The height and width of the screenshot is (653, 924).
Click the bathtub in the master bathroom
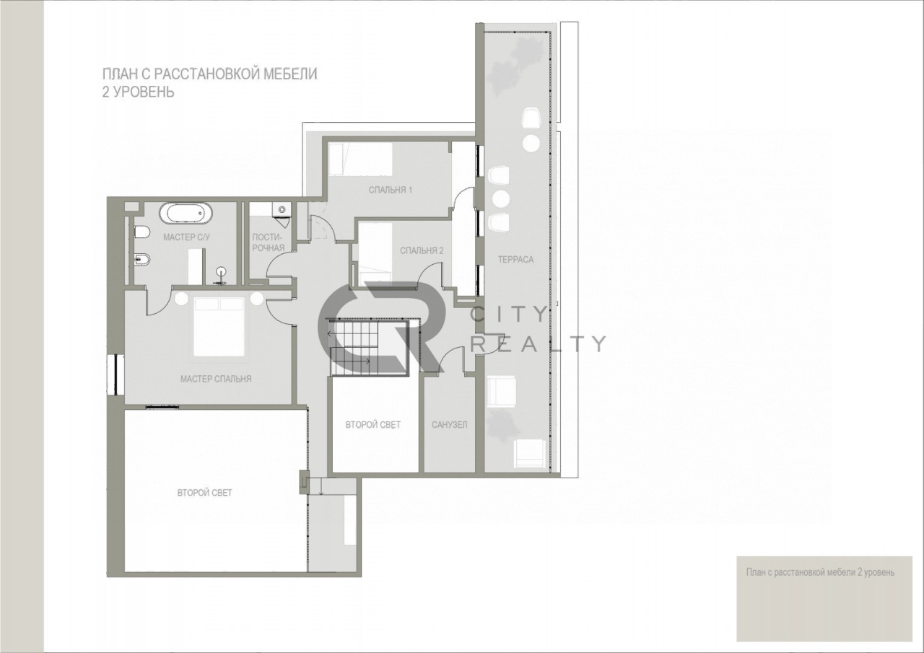click(186, 214)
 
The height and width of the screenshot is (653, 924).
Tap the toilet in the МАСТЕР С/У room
click(141, 232)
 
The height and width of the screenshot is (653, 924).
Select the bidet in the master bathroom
click(142, 259)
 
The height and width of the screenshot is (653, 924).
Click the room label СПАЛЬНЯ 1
click(391, 190)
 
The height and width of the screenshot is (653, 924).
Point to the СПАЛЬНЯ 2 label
click(422, 250)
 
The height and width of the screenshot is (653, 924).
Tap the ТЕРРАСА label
click(515, 260)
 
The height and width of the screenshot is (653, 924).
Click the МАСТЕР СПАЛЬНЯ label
click(216, 379)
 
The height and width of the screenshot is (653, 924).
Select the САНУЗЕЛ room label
click(450, 424)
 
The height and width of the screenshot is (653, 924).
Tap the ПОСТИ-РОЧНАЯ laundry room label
click(268, 242)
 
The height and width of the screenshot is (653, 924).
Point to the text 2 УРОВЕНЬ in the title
click(138, 92)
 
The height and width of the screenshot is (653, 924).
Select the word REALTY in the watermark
click(539, 343)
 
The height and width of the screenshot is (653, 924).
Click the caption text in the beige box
click(821, 572)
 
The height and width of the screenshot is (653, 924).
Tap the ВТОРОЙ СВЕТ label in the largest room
click(204, 493)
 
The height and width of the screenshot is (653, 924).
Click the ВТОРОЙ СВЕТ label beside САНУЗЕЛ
click(373, 424)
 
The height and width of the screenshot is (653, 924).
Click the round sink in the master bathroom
click(222, 272)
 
